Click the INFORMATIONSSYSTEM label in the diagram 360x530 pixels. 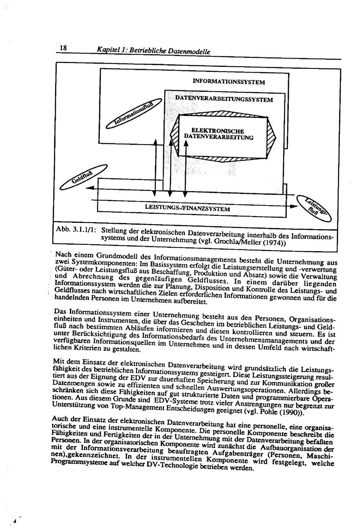point(229,82)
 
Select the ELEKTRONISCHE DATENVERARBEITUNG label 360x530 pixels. point(218,133)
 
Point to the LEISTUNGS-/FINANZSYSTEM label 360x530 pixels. point(187,208)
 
